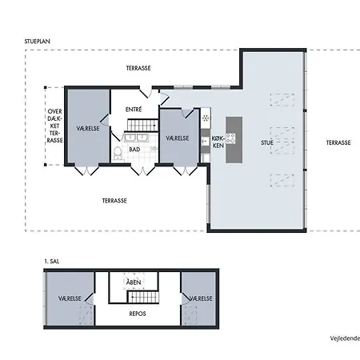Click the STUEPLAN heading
38,42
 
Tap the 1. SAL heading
52,262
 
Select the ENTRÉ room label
134,110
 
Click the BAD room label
134,150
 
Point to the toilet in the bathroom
118,154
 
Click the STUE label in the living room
267,142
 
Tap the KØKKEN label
218,142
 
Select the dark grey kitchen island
234,140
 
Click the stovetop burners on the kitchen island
230,138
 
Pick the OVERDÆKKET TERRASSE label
55,126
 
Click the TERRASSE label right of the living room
338,142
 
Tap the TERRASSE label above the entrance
138,68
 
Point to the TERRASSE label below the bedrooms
114,201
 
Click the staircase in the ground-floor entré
142,126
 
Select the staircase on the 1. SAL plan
143,297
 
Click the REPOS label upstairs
138,314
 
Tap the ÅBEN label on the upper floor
134,282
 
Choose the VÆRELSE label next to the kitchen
178,138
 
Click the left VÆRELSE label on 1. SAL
70,298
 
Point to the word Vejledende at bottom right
345,338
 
